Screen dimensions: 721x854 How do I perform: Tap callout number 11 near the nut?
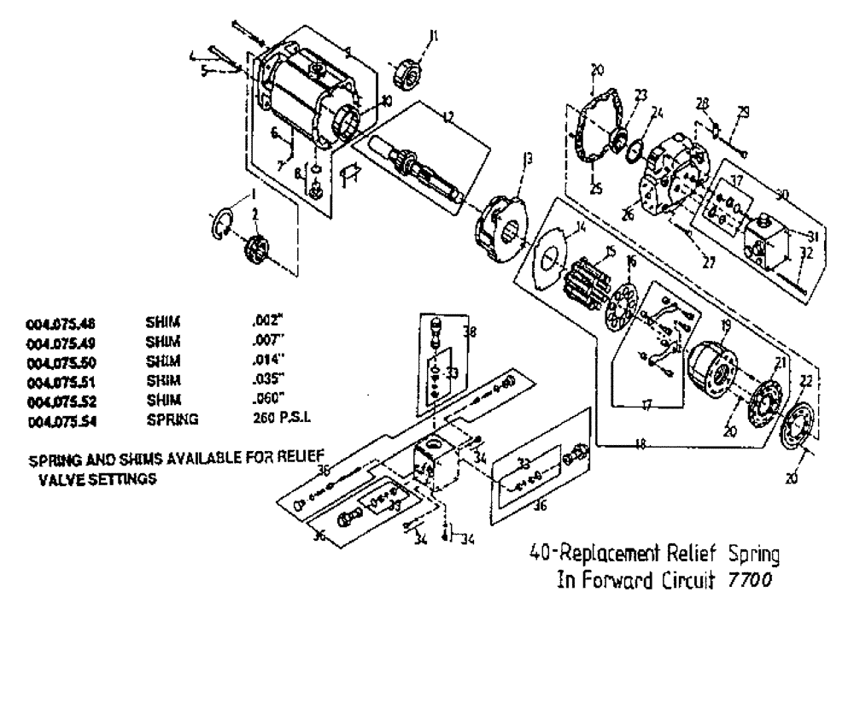pyautogui.click(x=435, y=36)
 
